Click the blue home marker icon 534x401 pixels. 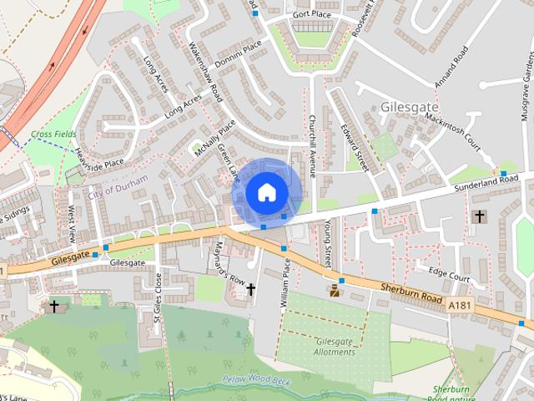pyautogui.click(x=265, y=192)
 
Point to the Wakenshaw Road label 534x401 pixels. pyautogui.click(x=204, y=72)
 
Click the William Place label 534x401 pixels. pyautogui.click(x=285, y=285)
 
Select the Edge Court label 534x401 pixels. pyautogui.click(x=449, y=272)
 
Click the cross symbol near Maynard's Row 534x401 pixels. pyautogui.click(x=250, y=289)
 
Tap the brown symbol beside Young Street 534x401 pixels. pyautogui.click(x=335, y=291)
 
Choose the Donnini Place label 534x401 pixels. pyautogui.click(x=238, y=52)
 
